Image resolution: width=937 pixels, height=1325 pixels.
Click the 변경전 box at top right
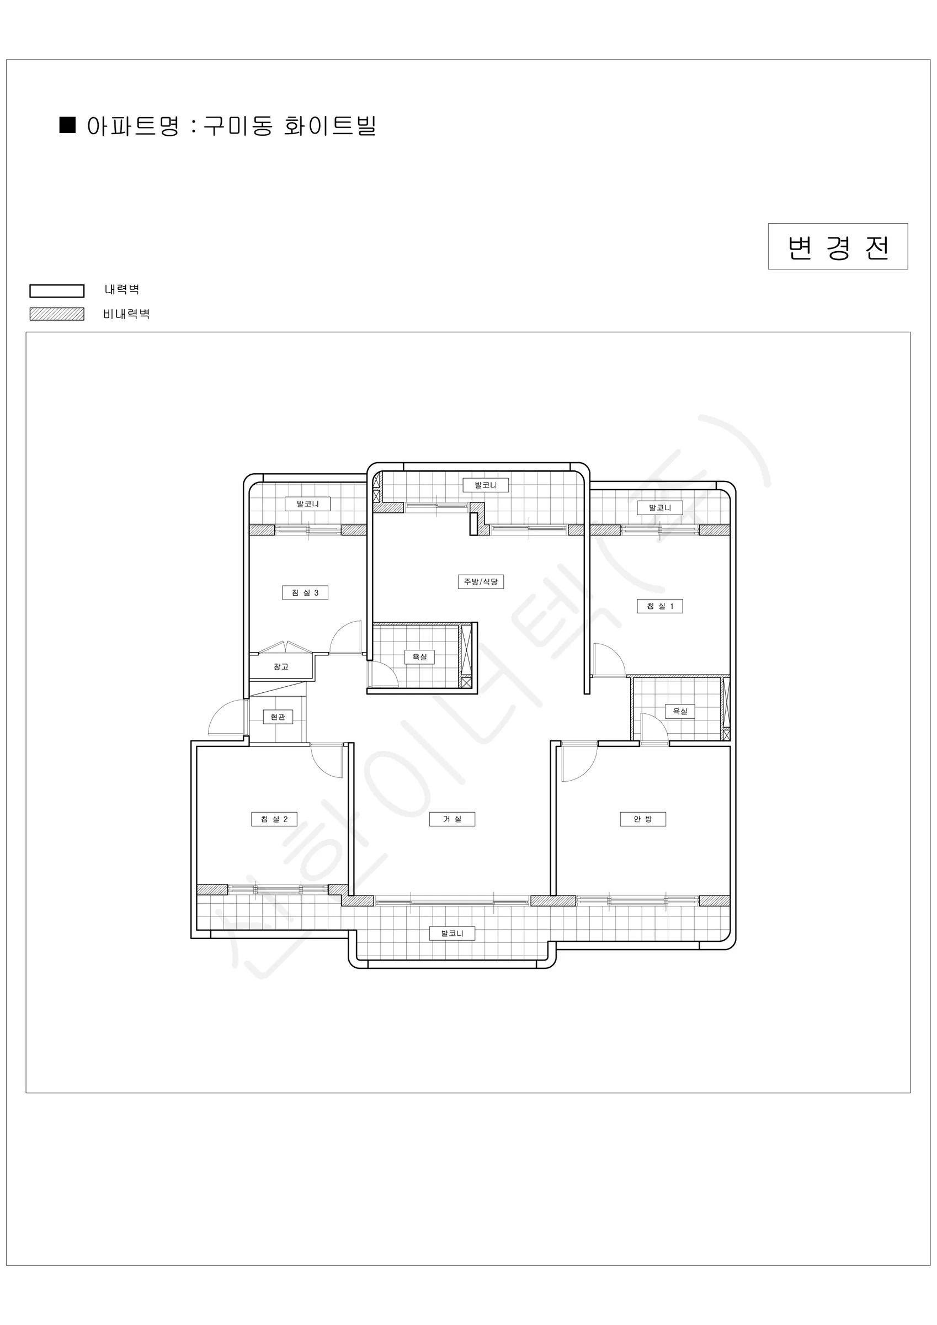pyautogui.click(x=838, y=246)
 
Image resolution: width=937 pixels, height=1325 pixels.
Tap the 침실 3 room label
pyautogui.click(x=305, y=593)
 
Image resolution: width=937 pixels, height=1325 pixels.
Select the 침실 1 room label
pyautogui.click(x=660, y=606)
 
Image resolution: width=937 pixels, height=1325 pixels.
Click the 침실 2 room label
pyautogui.click(x=274, y=819)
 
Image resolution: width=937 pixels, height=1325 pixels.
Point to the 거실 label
pyautogui.click(x=452, y=819)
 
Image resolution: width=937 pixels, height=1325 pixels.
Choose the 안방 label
pyautogui.click(x=643, y=819)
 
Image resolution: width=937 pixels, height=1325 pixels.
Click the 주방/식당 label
pyautogui.click(x=481, y=582)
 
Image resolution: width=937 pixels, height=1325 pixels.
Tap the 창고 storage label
pyautogui.click(x=281, y=666)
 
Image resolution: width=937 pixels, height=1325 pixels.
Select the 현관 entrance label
pyautogui.click(x=278, y=717)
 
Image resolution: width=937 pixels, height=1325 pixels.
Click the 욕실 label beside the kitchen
pyautogui.click(x=419, y=657)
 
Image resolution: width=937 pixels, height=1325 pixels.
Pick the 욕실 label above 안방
pyautogui.click(x=680, y=712)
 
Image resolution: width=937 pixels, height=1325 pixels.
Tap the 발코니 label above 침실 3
pyautogui.click(x=307, y=504)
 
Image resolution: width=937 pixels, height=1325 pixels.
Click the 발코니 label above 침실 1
pyautogui.click(x=660, y=508)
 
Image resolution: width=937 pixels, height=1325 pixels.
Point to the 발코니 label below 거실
pyautogui.click(x=452, y=933)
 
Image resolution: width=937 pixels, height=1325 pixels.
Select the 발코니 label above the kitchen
pyautogui.click(x=486, y=485)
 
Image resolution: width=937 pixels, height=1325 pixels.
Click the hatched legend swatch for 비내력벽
pyautogui.click(x=56, y=314)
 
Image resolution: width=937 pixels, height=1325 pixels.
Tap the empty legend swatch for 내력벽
pyautogui.click(x=56, y=291)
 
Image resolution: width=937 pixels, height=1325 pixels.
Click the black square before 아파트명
pyautogui.click(x=67, y=125)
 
